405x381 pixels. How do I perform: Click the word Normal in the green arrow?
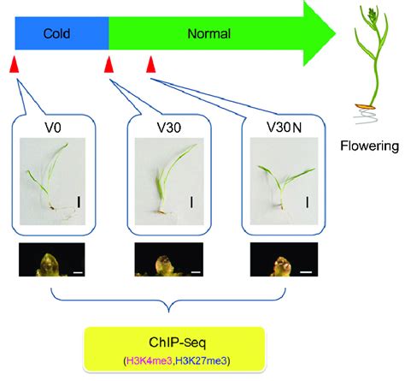coord(211,36)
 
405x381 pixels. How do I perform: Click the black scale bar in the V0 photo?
coord(79,202)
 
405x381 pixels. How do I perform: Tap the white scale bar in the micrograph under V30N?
coord(306,274)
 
